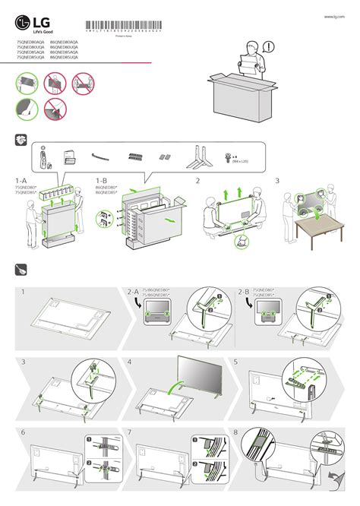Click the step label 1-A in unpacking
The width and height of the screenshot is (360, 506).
tap(21, 181)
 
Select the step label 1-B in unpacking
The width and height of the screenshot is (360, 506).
tap(103, 181)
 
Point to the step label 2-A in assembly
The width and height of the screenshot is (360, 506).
tap(134, 292)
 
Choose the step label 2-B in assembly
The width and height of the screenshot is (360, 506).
tap(243, 292)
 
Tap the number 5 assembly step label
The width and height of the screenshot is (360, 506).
tap(236, 362)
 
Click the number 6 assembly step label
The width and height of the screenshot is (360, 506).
tap(24, 432)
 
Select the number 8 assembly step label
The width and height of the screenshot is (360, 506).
tap(236, 432)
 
